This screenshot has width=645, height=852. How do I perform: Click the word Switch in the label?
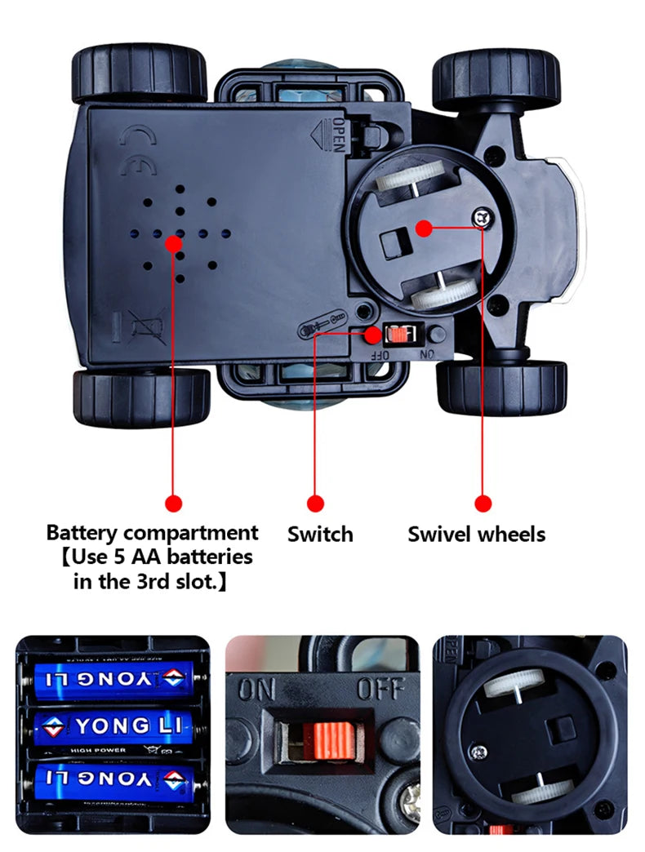click(320, 535)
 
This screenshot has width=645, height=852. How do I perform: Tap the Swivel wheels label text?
click(476, 535)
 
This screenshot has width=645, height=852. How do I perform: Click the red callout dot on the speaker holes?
click(173, 242)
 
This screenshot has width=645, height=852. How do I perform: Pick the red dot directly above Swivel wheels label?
click(483, 504)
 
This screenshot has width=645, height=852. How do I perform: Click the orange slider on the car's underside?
click(398, 334)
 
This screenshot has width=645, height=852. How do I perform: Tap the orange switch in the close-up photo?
click(323, 739)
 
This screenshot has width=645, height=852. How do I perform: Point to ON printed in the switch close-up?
click(256, 690)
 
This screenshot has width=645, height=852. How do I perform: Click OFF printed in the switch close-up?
click(380, 690)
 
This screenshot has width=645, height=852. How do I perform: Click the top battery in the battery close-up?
click(112, 677)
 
